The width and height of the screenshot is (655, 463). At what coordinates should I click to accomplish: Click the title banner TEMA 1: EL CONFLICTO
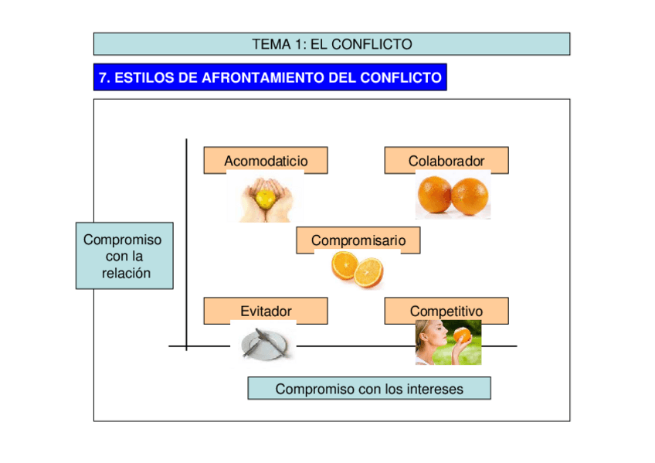[x=331, y=44]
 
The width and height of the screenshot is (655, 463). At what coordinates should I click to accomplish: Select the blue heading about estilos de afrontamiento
[x=270, y=77]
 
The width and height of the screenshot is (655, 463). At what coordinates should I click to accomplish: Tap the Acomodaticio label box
[x=265, y=160]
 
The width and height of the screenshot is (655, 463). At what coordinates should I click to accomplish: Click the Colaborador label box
[x=446, y=160]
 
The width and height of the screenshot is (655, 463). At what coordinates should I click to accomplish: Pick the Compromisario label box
[x=358, y=240]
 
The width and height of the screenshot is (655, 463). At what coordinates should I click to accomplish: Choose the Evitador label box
[x=265, y=311]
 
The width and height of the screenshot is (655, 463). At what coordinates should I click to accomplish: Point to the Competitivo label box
[x=446, y=311]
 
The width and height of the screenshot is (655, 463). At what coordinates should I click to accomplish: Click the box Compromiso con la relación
[x=124, y=256]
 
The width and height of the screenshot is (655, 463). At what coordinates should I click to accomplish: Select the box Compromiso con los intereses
[x=368, y=389]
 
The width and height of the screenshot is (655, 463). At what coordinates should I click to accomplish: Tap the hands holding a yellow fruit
[x=264, y=199]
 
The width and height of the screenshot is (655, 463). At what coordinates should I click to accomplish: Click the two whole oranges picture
[x=453, y=196]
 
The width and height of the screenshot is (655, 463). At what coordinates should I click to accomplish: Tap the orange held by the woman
[x=462, y=335]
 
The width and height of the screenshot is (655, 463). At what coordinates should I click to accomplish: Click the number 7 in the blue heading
[x=102, y=77]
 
